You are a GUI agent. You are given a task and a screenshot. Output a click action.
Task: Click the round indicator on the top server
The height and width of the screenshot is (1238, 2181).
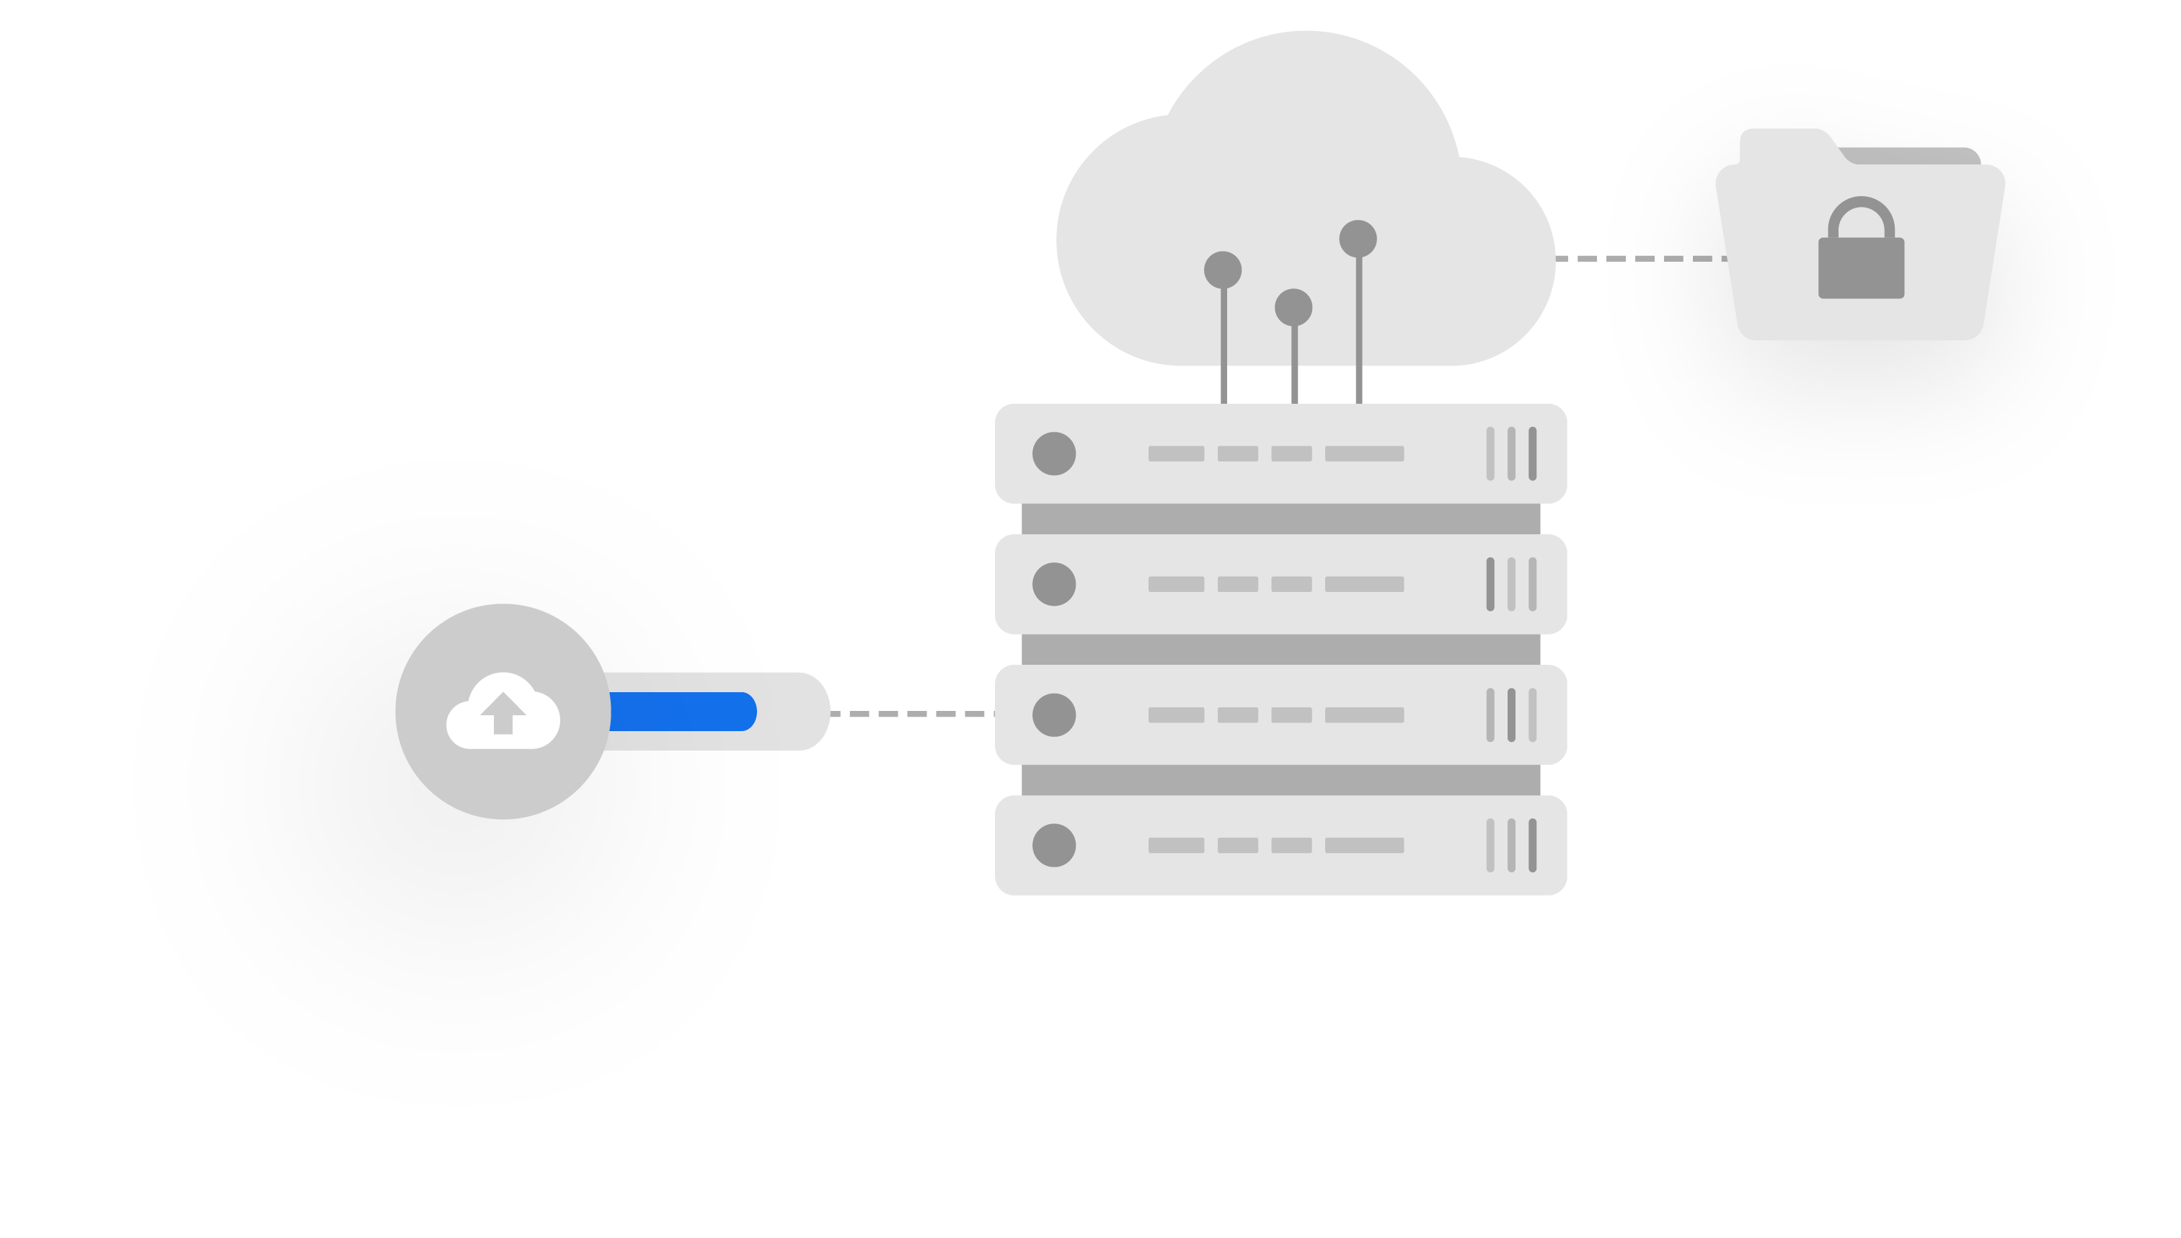click(1054, 454)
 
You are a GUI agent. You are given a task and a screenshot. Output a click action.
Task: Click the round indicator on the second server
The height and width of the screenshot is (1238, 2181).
click(1054, 584)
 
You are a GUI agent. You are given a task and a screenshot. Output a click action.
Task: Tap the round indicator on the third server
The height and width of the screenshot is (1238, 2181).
click(1054, 715)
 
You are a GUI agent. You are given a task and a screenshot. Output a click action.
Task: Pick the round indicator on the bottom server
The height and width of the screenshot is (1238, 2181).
click(1054, 845)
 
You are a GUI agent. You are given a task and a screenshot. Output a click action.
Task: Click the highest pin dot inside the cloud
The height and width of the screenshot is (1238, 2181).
click(1358, 239)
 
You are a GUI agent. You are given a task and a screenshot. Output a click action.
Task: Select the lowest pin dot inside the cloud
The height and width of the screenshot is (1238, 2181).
click(1293, 307)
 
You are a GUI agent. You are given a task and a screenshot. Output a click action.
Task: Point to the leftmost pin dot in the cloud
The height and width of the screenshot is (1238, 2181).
click(1222, 270)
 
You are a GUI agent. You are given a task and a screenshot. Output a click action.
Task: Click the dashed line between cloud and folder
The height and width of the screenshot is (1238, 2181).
click(1640, 258)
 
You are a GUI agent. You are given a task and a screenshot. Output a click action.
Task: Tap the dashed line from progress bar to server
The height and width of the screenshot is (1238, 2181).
click(911, 715)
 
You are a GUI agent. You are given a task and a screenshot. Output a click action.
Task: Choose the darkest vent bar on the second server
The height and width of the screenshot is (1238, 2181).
click(1490, 584)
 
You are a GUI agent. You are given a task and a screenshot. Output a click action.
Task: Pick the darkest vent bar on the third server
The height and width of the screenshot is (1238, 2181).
click(1511, 715)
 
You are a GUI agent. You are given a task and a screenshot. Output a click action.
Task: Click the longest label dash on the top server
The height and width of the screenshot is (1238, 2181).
click(1364, 454)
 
